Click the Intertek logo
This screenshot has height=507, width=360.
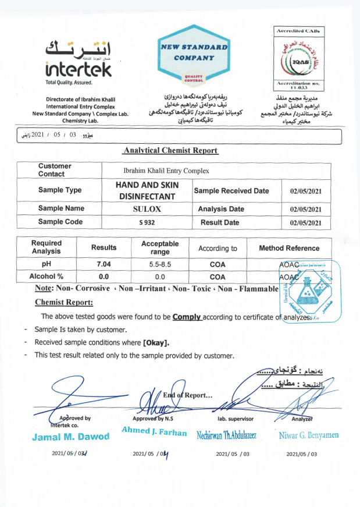click(x=78, y=61)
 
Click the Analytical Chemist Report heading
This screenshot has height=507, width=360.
click(x=170, y=150)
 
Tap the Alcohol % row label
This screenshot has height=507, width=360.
click(x=47, y=277)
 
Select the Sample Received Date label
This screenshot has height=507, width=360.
click(x=231, y=190)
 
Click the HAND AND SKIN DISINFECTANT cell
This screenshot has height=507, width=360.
click(x=148, y=190)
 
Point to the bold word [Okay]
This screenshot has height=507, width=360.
click(x=156, y=342)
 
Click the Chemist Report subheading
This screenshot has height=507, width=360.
click(x=64, y=302)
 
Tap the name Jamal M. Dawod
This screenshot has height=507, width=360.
click(x=70, y=437)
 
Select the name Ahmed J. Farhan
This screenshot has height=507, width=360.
click(x=154, y=432)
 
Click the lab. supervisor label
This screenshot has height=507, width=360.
click(x=234, y=418)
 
